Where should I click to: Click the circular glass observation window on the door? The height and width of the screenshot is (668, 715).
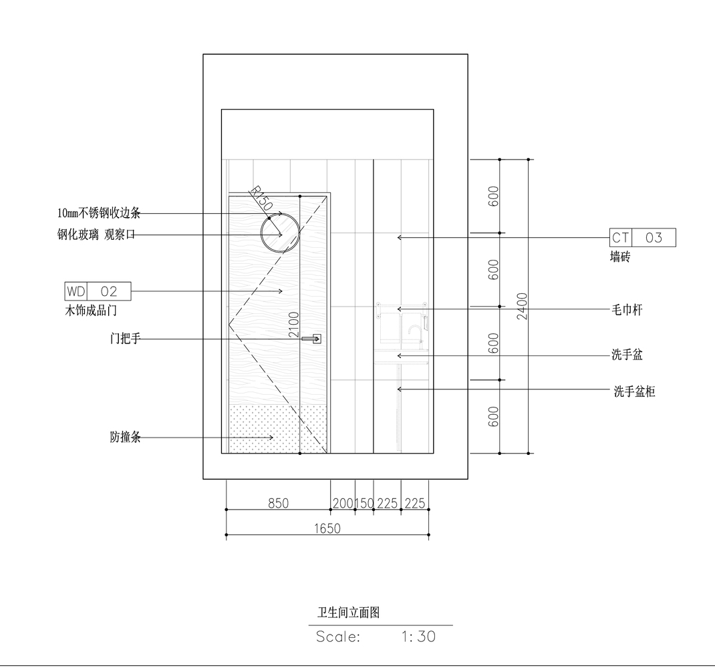click(280, 232)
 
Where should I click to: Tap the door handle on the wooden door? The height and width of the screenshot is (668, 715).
click(313, 339)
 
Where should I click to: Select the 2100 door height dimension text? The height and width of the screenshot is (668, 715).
click(294, 325)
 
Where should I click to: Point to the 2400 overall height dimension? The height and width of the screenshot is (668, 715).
click(523, 306)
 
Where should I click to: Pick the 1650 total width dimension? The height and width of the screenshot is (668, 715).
click(327, 528)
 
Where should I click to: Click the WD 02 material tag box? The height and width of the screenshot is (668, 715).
click(98, 291)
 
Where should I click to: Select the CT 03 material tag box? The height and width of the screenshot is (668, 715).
click(642, 237)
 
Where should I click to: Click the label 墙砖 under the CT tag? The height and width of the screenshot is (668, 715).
click(619, 257)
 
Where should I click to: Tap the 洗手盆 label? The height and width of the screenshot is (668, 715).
click(627, 355)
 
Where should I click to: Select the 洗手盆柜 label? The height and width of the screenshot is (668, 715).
click(634, 391)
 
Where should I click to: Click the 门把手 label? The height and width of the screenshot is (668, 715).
click(125, 339)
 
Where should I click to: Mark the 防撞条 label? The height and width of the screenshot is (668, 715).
click(125, 438)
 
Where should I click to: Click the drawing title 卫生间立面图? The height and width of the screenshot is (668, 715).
click(348, 613)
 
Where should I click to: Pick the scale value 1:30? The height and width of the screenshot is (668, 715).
click(419, 637)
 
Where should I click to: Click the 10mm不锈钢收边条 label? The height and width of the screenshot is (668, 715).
click(99, 214)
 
